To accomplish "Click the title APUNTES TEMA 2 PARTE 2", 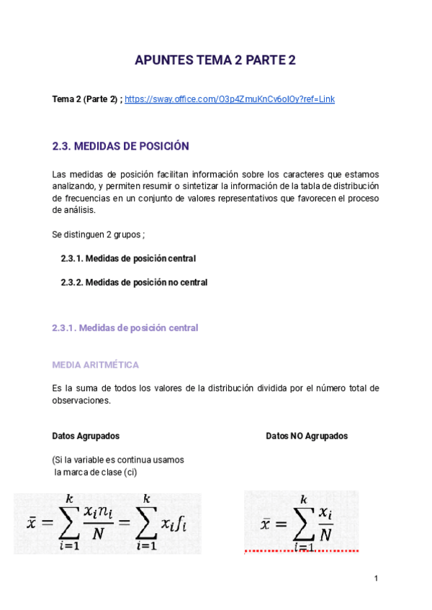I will click(x=215, y=61).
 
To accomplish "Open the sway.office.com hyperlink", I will click(x=230, y=99).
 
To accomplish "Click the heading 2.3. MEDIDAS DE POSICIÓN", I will click(x=120, y=146).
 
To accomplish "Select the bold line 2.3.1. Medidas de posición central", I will click(x=128, y=258).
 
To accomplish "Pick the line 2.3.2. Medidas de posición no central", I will click(x=134, y=283).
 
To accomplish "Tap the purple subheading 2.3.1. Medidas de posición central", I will click(x=125, y=328).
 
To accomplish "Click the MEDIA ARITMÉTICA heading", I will click(x=95, y=365).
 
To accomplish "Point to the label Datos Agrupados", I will click(x=86, y=436).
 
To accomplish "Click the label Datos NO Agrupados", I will click(x=307, y=436).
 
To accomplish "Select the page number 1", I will click(x=376, y=578).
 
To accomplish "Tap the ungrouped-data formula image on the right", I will click(x=301, y=521).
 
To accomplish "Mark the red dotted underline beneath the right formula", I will click(x=301, y=551).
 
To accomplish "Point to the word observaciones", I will click(x=81, y=401).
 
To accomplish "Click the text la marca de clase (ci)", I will click(x=96, y=472).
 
